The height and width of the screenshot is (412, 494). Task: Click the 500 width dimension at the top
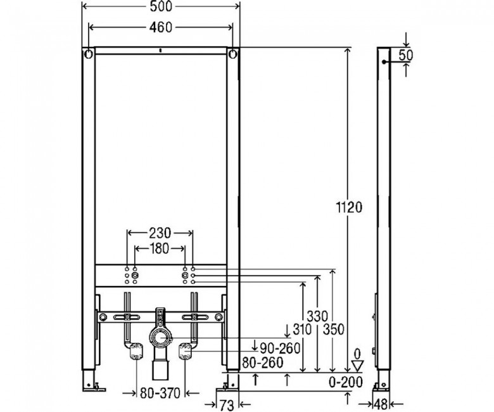pyautogui.click(x=161, y=7)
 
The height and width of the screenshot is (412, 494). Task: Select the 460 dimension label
pyautogui.click(x=161, y=27)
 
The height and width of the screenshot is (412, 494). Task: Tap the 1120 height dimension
pyautogui.click(x=349, y=207)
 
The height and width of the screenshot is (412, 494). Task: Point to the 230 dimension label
pyautogui.click(x=160, y=233)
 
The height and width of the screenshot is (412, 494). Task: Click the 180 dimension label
pyautogui.click(x=160, y=248)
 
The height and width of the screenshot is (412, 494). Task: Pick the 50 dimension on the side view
pyautogui.click(x=405, y=56)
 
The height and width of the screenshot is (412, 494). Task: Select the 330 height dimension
pyautogui.click(x=317, y=316)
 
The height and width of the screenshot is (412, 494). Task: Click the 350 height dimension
pyautogui.click(x=333, y=330)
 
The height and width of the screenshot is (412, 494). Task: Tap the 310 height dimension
pyautogui.click(x=302, y=330)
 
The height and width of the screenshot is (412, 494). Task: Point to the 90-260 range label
pyautogui.click(x=280, y=348)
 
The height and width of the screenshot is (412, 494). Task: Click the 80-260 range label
pyautogui.click(x=262, y=363)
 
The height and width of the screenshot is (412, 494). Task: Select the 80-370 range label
pyautogui.click(x=160, y=393)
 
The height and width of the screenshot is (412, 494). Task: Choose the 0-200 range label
pyautogui.click(x=346, y=382)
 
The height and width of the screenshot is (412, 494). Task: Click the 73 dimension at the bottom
pyautogui.click(x=227, y=406)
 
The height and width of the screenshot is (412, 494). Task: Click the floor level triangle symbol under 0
pyautogui.click(x=357, y=366)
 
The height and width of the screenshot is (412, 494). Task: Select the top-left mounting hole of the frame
pyautogui.click(x=89, y=55)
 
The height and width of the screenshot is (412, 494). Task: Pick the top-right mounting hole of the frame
pyautogui.click(x=233, y=55)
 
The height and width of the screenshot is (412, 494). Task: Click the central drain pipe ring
pyautogui.click(x=161, y=338)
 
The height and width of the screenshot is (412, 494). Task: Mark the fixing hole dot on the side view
pyautogui.click(x=384, y=61)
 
